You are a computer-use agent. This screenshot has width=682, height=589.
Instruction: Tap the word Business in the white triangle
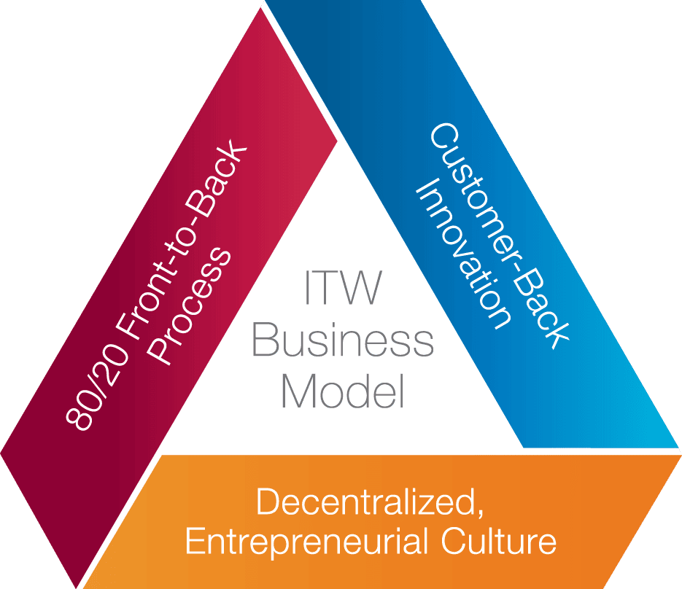pyautogui.click(x=342, y=343)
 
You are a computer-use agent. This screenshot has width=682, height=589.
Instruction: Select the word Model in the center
pyautogui.click(x=342, y=392)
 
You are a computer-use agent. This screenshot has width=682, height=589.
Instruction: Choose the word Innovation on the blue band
pyautogui.click(x=460, y=255)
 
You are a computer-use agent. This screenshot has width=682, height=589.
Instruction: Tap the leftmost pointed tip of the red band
pyautogui.click(x=1, y=448)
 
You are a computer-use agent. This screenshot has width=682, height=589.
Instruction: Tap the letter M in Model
pyautogui.click(x=295, y=392)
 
